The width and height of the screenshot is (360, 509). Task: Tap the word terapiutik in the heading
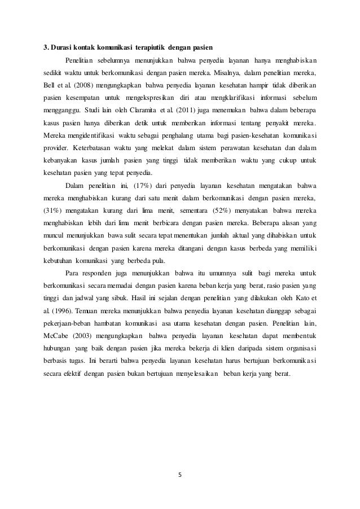point(146,46)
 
